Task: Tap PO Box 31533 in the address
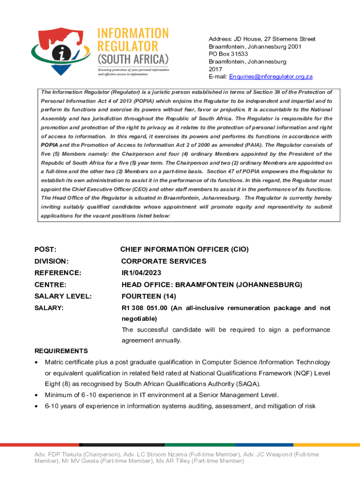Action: [x=228, y=54]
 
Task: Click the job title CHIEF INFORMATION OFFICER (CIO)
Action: [x=184, y=250]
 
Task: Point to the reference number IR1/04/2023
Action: [x=144, y=273]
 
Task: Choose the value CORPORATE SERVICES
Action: [x=164, y=261]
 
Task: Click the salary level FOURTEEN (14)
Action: [x=148, y=296]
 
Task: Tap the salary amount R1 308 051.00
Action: [x=144, y=308]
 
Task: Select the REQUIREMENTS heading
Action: [x=61, y=351]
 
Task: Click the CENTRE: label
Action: [x=50, y=284]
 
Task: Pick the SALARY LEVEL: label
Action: [x=63, y=296]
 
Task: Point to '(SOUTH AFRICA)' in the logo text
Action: [x=132, y=60]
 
